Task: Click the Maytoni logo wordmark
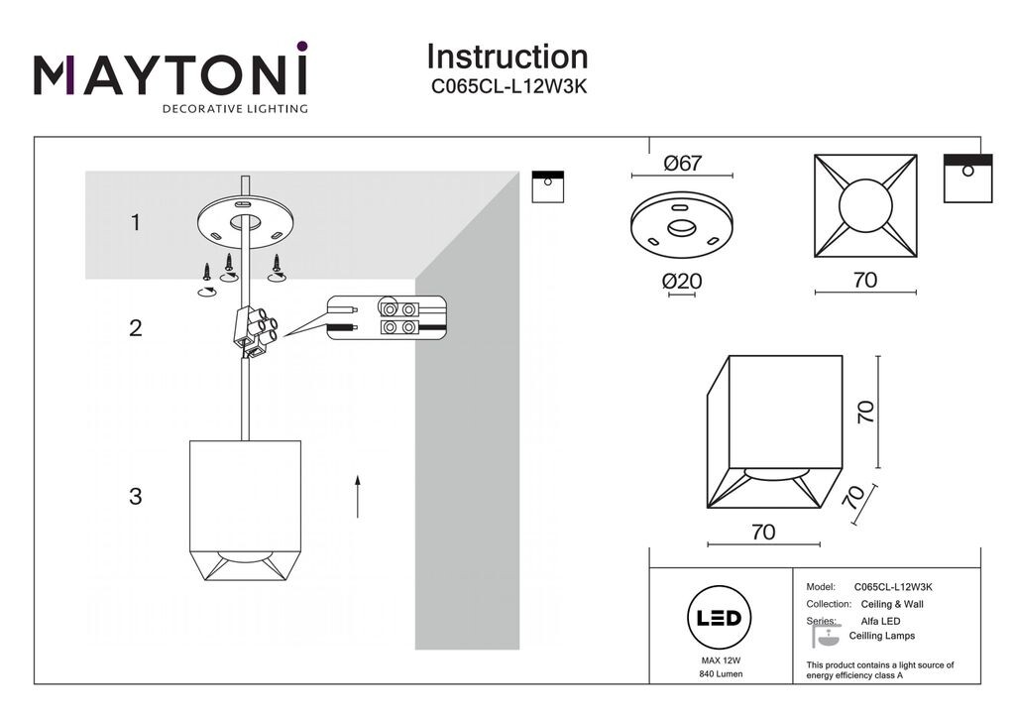click(170, 76)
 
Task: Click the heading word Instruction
click(507, 57)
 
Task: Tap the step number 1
click(136, 223)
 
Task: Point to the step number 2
click(136, 327)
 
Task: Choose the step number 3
click(136, 496)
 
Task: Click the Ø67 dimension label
click(682, 164)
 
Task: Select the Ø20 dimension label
click(682, 282)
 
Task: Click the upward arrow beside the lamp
click(357, 495)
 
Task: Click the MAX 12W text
click(721, 659)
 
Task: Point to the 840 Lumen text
click(721, 674)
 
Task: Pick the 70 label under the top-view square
click(864, 281)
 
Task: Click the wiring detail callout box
click(388, 317)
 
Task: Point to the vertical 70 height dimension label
click(865, 412)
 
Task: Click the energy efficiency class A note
click(880, 670)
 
